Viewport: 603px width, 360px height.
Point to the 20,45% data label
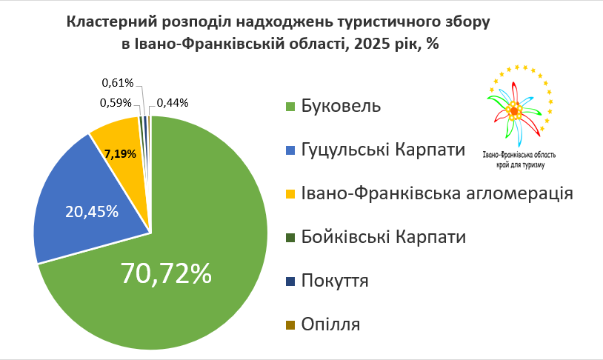click(93, 211)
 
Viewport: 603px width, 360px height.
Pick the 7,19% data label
click(120, 155)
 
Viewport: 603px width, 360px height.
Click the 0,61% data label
click(116, 82)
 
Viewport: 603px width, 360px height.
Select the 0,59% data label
click(116, 103)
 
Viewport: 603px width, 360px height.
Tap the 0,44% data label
click(173, 103)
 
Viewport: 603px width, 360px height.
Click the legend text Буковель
click(342, 106)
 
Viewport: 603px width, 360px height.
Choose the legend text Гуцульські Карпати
click(384, 150)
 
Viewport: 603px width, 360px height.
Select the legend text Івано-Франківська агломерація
click(437, 193)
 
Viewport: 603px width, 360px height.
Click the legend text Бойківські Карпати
click(384, 237)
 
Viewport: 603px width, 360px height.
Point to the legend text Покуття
click(335, 281)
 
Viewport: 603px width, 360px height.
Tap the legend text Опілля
click(331, 324)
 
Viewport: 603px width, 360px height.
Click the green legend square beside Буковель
click(290, 106)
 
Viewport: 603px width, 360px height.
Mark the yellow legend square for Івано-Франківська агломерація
click(290, 193)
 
